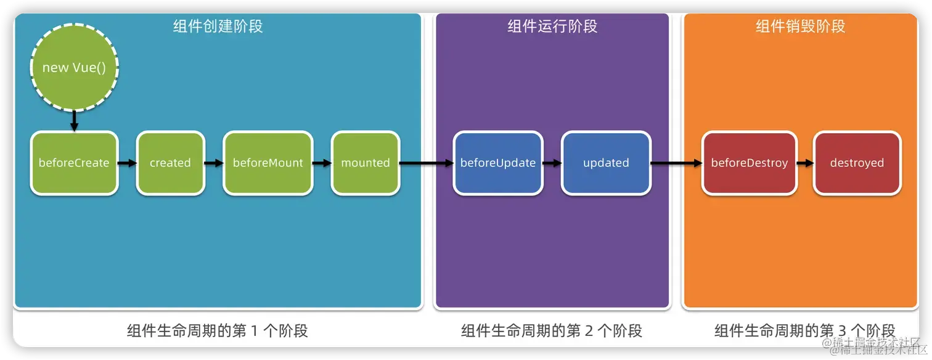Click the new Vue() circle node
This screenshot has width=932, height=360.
74,67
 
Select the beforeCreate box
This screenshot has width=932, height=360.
74,163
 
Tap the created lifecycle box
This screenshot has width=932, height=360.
170,163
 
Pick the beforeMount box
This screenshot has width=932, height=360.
268,163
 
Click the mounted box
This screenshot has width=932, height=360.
365,163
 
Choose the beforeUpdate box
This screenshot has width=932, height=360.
498,163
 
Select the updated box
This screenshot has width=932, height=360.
606,163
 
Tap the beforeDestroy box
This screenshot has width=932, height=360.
749,163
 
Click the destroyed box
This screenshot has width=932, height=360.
857,163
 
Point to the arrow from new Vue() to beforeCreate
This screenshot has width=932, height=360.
74,120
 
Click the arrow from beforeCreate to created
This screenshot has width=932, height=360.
127,163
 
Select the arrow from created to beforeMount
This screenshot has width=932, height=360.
214,163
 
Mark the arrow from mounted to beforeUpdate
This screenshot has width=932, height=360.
426,163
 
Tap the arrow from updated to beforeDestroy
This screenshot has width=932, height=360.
676,163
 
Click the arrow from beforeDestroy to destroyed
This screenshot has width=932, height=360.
804,163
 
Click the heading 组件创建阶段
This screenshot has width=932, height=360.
218,27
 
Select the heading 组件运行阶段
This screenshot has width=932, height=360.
552,27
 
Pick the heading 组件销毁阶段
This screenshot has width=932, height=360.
800,27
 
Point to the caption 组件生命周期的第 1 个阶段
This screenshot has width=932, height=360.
218,330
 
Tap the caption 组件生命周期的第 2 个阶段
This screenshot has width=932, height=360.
552,330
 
